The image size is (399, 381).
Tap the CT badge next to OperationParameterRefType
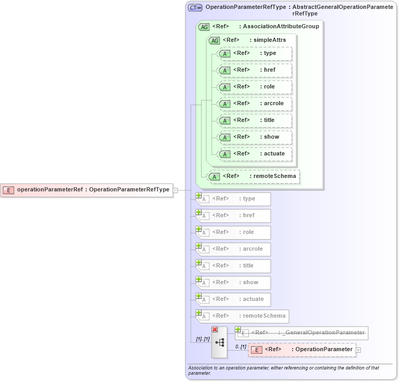[195, 7]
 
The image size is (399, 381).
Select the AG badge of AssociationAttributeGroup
[204, 27]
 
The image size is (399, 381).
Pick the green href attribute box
[254, 70]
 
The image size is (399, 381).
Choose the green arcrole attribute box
[254, 104]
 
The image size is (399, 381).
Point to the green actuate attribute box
[254, 154]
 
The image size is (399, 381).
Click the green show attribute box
[254, 137]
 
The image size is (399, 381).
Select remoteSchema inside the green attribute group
[254, 176]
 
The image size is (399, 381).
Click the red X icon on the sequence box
[215, 329]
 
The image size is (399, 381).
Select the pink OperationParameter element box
[302, 350]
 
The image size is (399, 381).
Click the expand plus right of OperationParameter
[359, 350]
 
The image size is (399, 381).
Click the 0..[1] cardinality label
[240, 346]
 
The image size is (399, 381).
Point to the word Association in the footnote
[201, 368]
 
